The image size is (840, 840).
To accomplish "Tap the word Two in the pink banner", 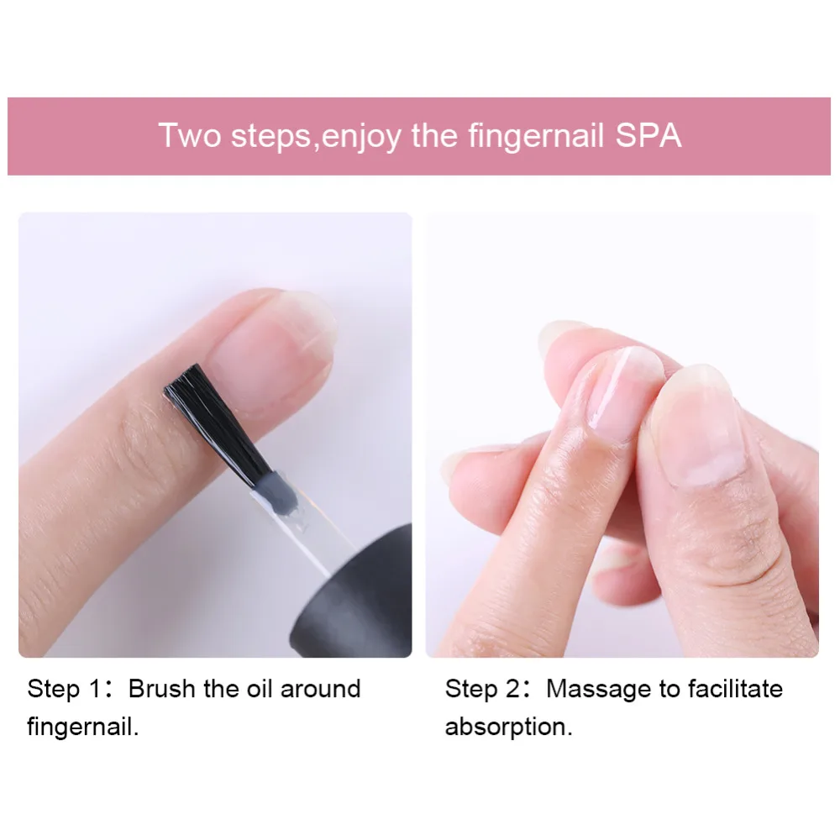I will pyautogui.click(x=190, y=135).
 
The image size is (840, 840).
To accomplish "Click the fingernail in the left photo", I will pyautogui.click(x=269, y=353).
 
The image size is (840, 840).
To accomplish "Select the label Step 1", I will pyautogui.click(x=65, y=690).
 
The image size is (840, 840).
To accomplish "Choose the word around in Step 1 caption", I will pyautogui.click(x=320, y=690).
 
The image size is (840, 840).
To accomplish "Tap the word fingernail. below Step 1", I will pyautogui.click(x=83, y=726).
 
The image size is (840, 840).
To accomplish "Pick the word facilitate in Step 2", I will pyautogui.click(x=735, y=690).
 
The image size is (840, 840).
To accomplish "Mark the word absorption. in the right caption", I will pyautogui.click(x=508, y=726).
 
